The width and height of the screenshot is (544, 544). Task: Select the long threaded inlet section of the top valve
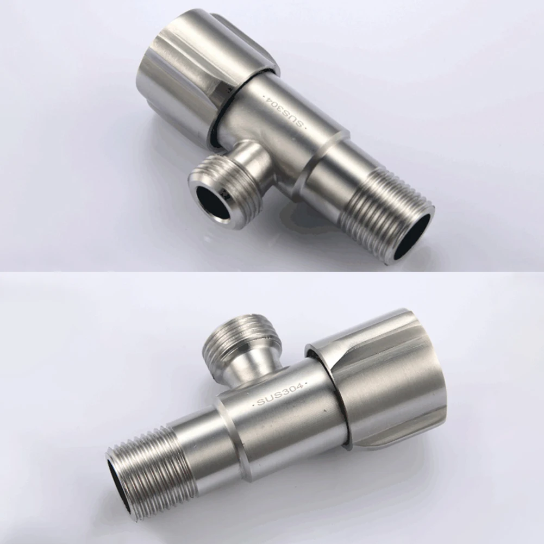click(385, 211)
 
